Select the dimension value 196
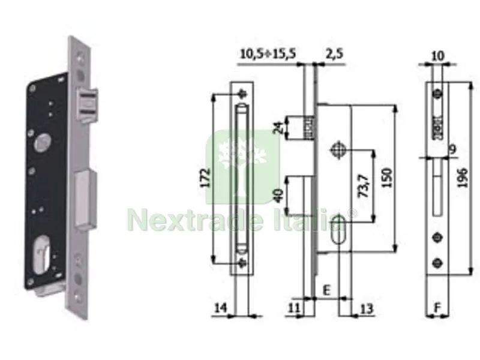click(463, 178)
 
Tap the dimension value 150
click(386, 178)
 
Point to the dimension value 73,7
click(364, 185)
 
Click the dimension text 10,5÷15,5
click(268, 53)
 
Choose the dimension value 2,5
click(334, 53)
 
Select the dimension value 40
click(279, 196)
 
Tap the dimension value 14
click(221, 307)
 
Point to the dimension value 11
click(294, 307)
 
